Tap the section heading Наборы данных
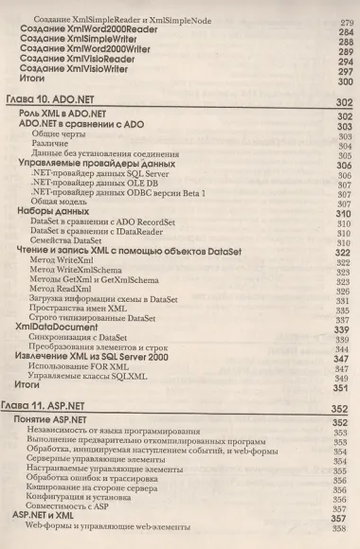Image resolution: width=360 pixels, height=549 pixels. tap(53, 211)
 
